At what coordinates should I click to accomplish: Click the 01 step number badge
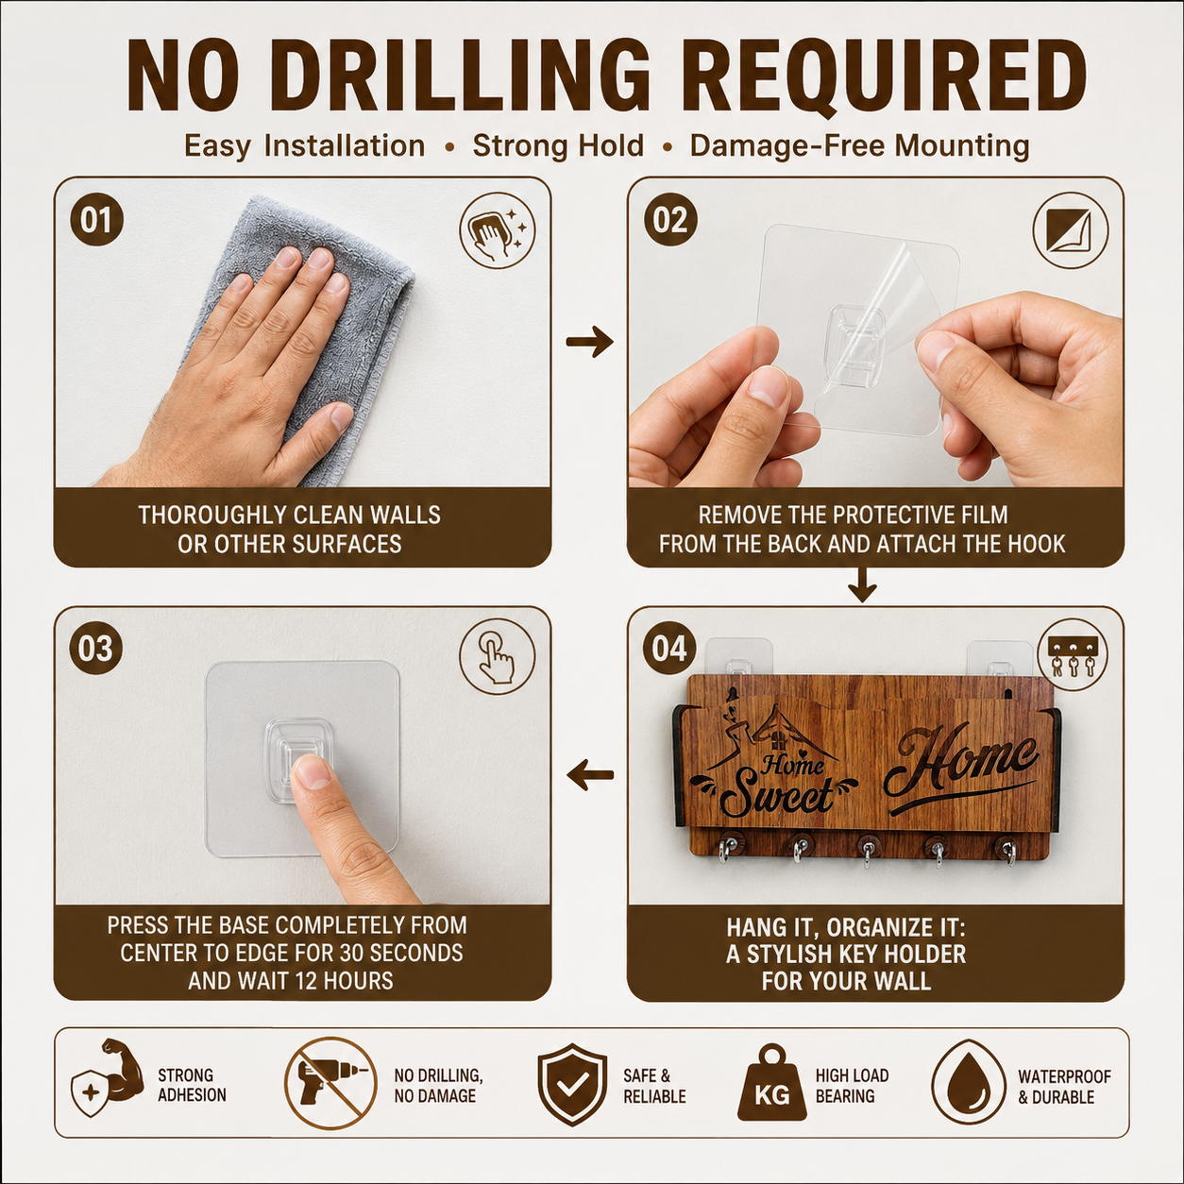96,219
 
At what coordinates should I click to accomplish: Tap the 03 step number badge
96,649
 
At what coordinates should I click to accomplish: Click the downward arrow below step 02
862,584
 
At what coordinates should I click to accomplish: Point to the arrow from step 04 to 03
590,775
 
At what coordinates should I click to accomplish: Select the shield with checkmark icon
572,1084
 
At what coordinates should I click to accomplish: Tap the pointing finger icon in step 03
498,656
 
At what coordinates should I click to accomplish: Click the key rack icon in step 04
1073,656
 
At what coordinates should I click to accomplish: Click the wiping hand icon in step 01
498,229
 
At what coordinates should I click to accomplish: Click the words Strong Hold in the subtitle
558,146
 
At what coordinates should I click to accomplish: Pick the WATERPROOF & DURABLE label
1064,1087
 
